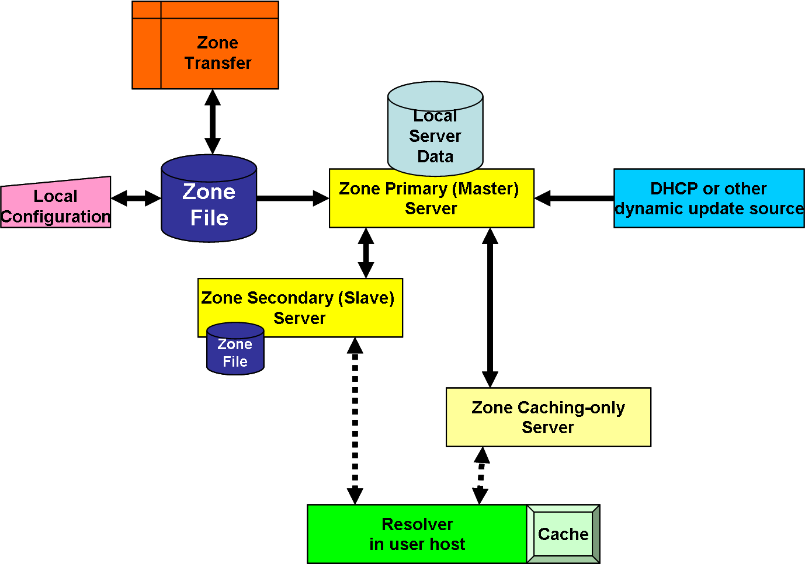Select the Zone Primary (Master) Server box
pyautogui.click(x=431, y=199)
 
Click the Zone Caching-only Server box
pyautogui.click(x=548, y=417)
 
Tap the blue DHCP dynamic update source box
pyautogui.click(x=708, y=199)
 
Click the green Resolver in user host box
pyautogui.click(x=417, y=534)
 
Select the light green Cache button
pyautogui.click(x=563, y=534)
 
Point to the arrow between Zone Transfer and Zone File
pyautogui.click(x=213, y=121)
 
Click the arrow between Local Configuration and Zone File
pyautogui.click(x=136, y=199)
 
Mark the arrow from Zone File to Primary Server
pyautogui.click(x=292, y=199)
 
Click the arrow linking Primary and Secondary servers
pyautogui.click(x=366, y=253)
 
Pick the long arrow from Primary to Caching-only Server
pyautogui.click(x=490, y=307)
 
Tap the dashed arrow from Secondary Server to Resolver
pyautogui.click(x=355, y=420)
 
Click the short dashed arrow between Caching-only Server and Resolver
pyautogui.click(x=481, y=475)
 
